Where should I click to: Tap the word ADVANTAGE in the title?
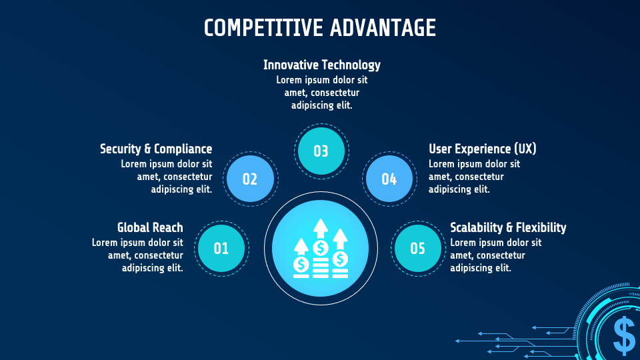(383, 28)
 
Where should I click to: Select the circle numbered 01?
(221, 249)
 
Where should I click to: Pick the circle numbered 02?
(250, 179)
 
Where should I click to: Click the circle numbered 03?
(321, 151)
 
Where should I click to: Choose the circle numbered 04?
(389, 179)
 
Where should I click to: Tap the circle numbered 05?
(417, 249)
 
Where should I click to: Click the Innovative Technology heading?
(321, 65)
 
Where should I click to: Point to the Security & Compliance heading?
(156, 149)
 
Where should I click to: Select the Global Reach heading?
(150, 227)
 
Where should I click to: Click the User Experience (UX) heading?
(482, 149)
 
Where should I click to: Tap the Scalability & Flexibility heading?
(508, 227)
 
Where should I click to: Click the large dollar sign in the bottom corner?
(624, 335)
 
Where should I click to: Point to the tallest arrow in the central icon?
(321, 229)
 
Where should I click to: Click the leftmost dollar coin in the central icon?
(301, 265)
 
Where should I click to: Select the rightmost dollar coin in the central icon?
(340, 258)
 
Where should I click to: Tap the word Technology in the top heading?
(351, 65)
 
